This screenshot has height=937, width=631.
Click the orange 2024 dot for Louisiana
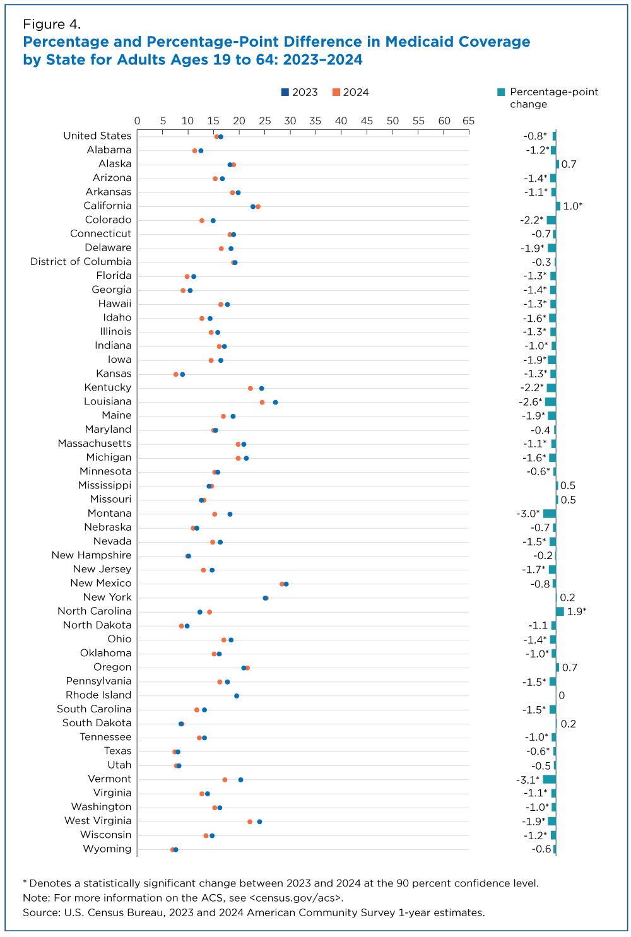tap(262, 402)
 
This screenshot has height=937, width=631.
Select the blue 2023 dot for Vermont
tap(240, 780)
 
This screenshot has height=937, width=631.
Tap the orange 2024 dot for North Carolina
tap(209, 612)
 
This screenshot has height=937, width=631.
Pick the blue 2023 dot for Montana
tap(230, 514)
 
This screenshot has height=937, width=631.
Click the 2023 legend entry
tap(300, 92)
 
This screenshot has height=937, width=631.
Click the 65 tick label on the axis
tap(468, 121)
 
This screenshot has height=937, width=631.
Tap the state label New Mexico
tap(101, 583)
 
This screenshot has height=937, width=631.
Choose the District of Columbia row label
tap(81, 261)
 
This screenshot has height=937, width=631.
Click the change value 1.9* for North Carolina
tap(577, 611)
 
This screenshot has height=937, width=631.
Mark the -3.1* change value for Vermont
tap(528, 779)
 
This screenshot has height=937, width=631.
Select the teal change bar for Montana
tap(550, 514)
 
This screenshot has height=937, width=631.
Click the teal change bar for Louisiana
tap(551, 402)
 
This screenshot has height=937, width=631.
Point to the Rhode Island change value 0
tap(562, 695)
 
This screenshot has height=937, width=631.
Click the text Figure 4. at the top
tap(52, 25)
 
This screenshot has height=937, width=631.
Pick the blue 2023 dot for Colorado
tap(213, 220)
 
